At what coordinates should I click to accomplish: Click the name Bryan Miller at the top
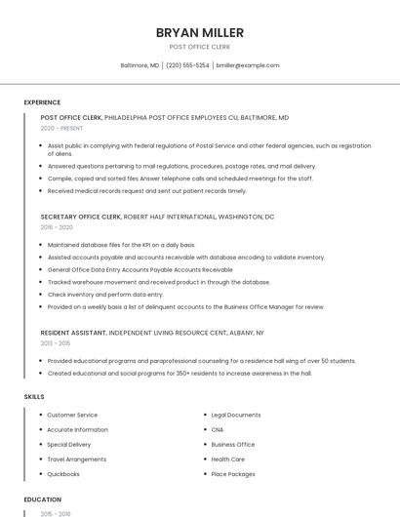tap(200, 32)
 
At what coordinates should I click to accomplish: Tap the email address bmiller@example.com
tap(248, 65)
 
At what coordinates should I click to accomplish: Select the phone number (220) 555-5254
tap(187, 65)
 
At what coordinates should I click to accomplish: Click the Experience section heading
tap(42, 102)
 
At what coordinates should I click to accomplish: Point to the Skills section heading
tap(34, 397)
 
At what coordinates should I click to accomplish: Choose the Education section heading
tap(43, 499)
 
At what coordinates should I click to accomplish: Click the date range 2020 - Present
tap(62, 128)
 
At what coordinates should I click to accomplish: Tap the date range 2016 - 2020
tap(57, 226)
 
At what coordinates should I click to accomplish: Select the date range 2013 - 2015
tap(56, 343)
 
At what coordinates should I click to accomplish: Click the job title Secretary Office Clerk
tap(81, 217)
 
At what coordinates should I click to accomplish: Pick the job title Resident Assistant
tap(73, 334)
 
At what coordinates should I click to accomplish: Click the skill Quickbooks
tap(63, 474)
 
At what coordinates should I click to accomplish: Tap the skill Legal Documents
tap(235, 415)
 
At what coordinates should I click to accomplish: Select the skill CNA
tap(218, 429)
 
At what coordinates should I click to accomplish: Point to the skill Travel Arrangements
tap(76, 459)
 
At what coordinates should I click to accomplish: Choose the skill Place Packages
tap(233, 474)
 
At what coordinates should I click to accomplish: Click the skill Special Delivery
tap(69, 445)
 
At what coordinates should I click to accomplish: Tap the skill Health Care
tap(227, 459)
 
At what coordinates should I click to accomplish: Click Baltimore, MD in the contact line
tap(140, 65)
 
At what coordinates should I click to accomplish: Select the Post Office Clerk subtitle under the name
tap(200, 46)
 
